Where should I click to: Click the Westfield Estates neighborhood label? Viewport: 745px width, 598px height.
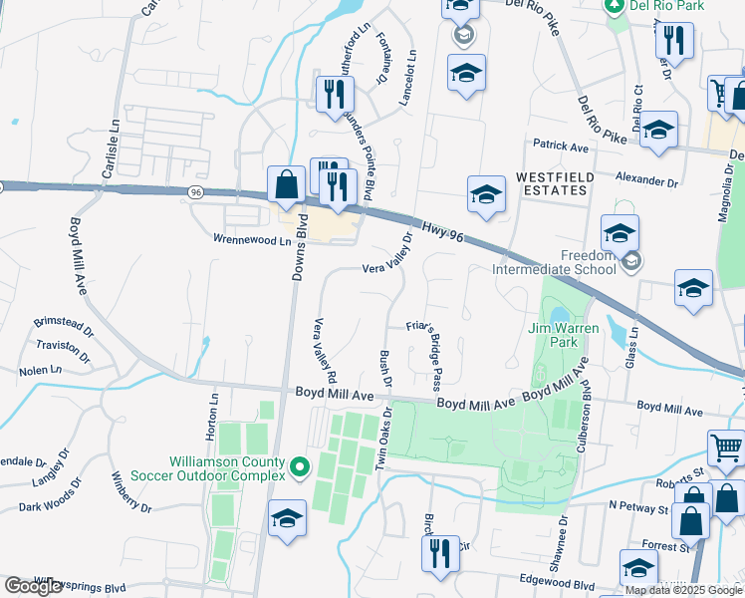click(x=556, y=183)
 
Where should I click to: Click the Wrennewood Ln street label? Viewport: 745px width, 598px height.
click(x=252, y=239)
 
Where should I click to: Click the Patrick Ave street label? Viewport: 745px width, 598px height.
click(x=560, y=146)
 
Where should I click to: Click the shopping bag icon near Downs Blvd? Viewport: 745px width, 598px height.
click(x=287, y=183)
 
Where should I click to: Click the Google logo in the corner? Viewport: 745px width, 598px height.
click(x=33, y=586)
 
